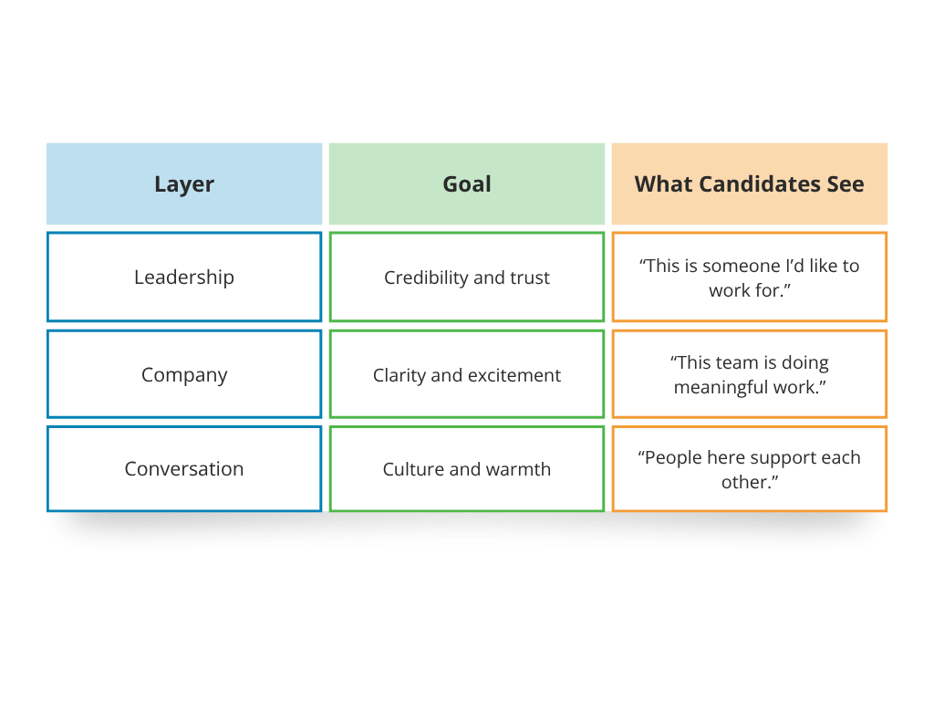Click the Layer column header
[184, 183]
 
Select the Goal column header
[467, 183]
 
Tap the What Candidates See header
[750, 183]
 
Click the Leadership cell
[184, 277]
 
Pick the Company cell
[184, 374]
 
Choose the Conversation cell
[184, 469]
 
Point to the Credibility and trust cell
[467, 277]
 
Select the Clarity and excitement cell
[467, 375]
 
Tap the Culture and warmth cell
[467, 469]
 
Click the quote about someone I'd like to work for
[750, 277]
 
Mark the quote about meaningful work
[750, 374]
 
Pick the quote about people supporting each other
[750, 469]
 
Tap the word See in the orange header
[845, 183]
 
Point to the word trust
[530, 277]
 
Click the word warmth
[518, 469]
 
